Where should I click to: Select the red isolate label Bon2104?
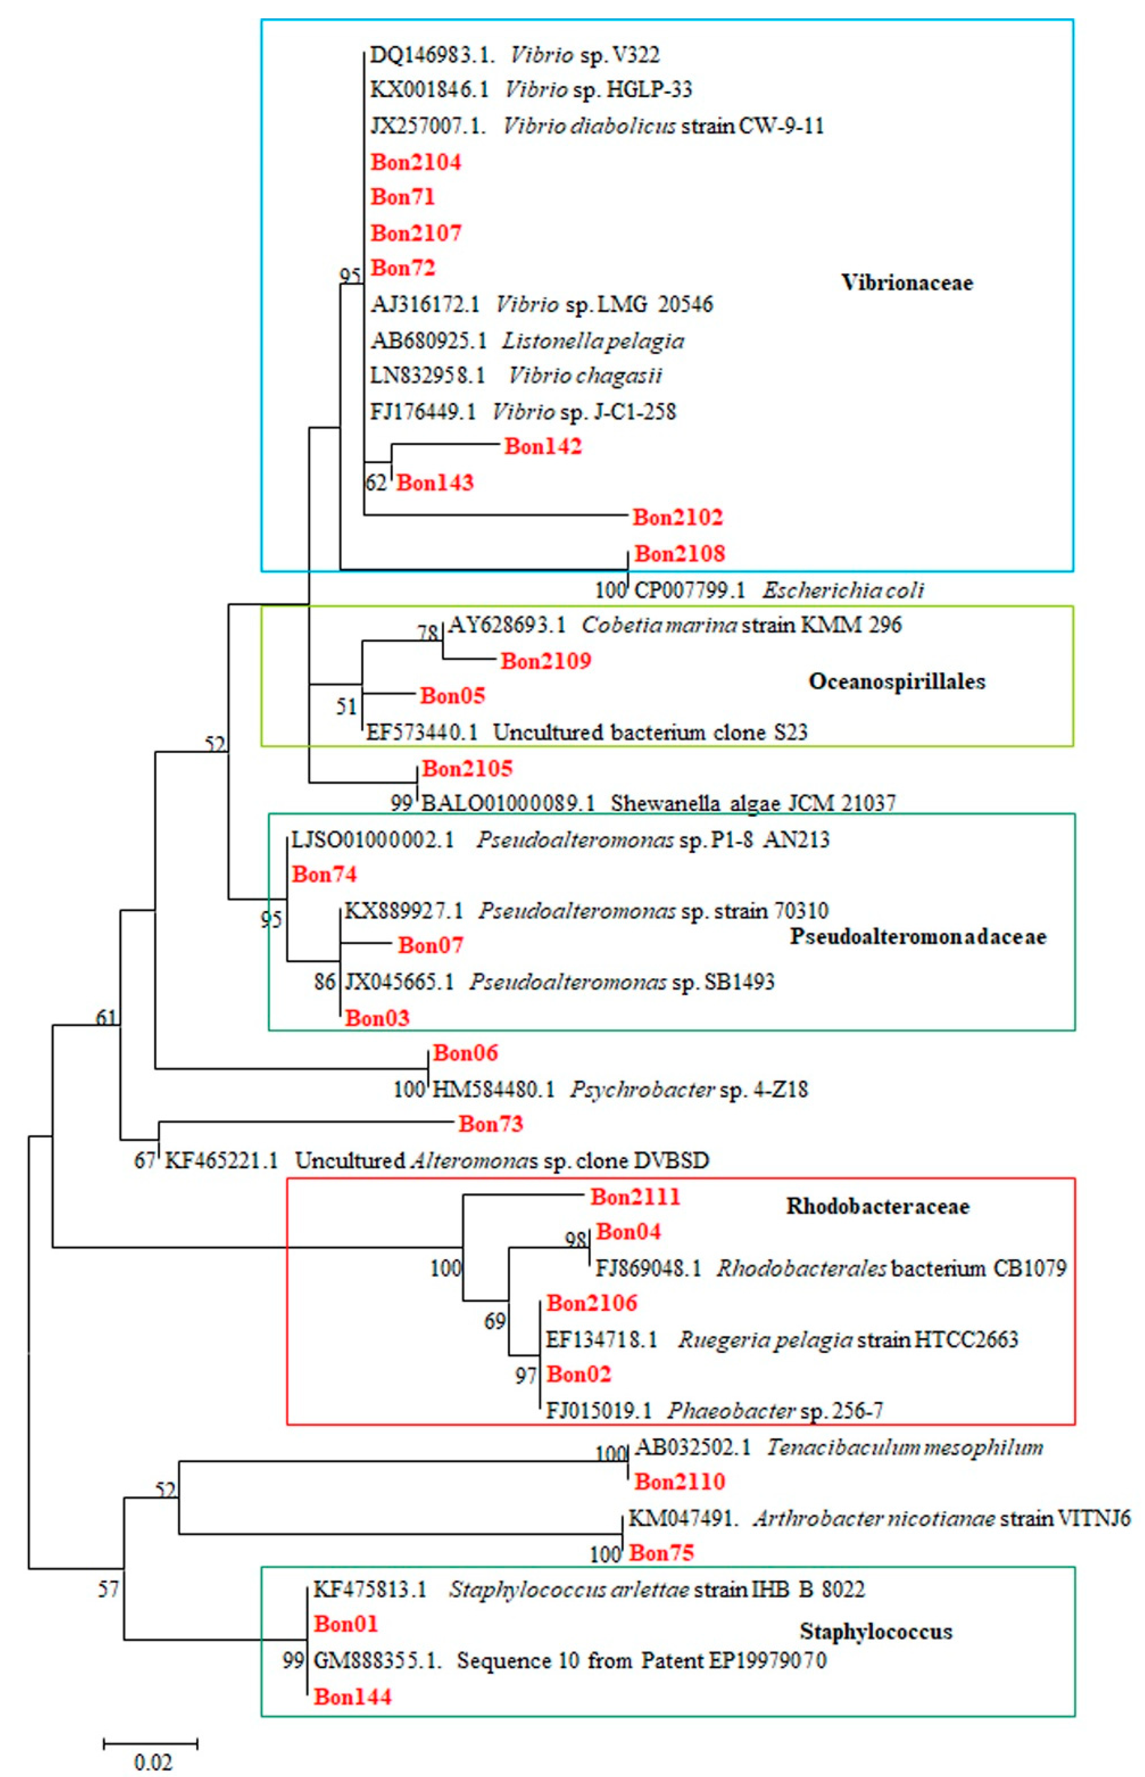[x=416, y=162]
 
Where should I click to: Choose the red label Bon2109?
[x=546, y=660]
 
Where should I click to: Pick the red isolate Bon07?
[x=431, y=945]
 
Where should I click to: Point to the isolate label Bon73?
[x=491, y=1124]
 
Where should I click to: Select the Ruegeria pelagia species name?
[x=764, y=1339]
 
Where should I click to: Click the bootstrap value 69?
[x=494, y=1321]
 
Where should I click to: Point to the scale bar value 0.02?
[x=153, y=1762]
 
